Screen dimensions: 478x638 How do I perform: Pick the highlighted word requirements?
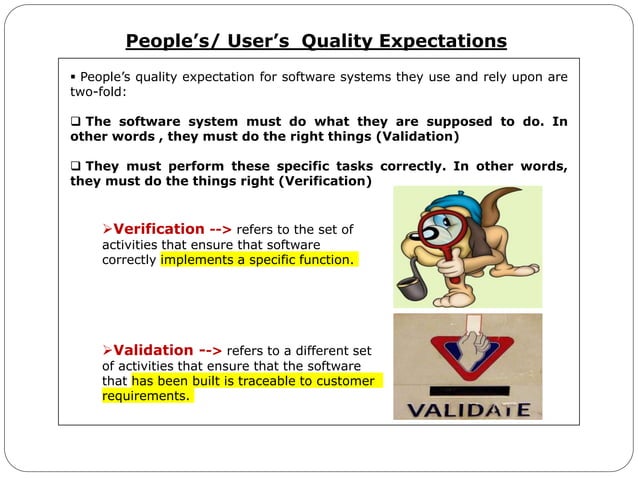pyautogui.click(x=145, y=396)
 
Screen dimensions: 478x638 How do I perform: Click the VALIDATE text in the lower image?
pyautogui.click(x=467, y=409)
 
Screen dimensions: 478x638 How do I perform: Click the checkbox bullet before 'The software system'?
pyautogui.click(x=76, y=122)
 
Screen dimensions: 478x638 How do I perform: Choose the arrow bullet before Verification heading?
pyautogui.click(x=109, y=230)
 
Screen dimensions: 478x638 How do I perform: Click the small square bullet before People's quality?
pyautogui.click(x=73, y=77)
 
